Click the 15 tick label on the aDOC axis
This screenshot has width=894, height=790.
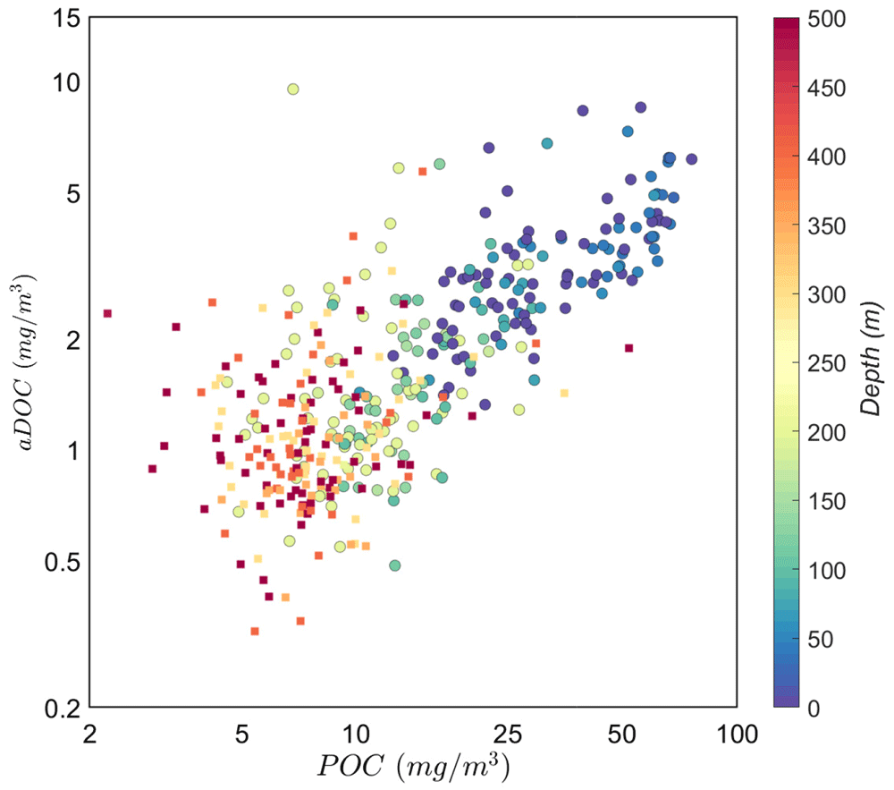[x=67, y=19]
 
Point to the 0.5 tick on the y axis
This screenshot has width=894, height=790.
[x=63, y=563]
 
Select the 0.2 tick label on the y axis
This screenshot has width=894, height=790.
[x=63, y=709]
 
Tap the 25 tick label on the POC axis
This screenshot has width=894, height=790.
[x=507, y=735]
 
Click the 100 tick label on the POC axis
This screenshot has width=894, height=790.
[x=737, y=735]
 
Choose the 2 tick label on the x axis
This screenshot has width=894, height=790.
[x=89, y=735]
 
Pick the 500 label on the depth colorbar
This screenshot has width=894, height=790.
[x=826, y=19]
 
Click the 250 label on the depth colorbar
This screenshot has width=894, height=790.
[x=826, y=363]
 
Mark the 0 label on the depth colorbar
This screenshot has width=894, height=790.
[x=814, y=708]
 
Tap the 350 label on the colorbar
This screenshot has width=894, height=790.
[x=826, y=225]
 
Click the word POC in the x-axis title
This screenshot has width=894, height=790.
[x=350, y=766]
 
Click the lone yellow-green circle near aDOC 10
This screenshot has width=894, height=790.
[x=293, y=89]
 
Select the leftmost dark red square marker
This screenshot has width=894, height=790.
[x=107, y=313]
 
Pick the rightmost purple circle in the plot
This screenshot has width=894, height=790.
[x=691, y=159]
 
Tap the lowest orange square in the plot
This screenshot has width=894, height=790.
[x=254, y=631]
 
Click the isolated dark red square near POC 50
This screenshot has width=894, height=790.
[x=628, y=348]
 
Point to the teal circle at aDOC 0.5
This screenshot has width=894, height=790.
[x=394, y=565]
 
